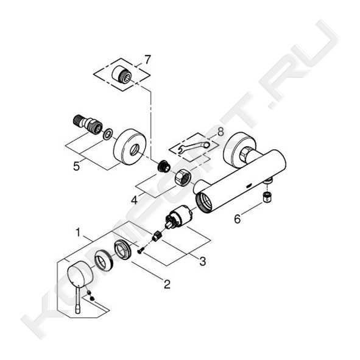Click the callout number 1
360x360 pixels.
79,233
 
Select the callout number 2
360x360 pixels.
167,284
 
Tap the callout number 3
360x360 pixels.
202,261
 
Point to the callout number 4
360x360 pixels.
134,200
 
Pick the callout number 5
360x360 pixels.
77,166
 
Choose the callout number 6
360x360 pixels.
238,219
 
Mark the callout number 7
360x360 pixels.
147,60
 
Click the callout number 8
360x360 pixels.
220,132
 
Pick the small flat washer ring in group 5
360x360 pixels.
107,134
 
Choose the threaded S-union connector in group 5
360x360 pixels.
88,124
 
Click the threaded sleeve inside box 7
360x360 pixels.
121,74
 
